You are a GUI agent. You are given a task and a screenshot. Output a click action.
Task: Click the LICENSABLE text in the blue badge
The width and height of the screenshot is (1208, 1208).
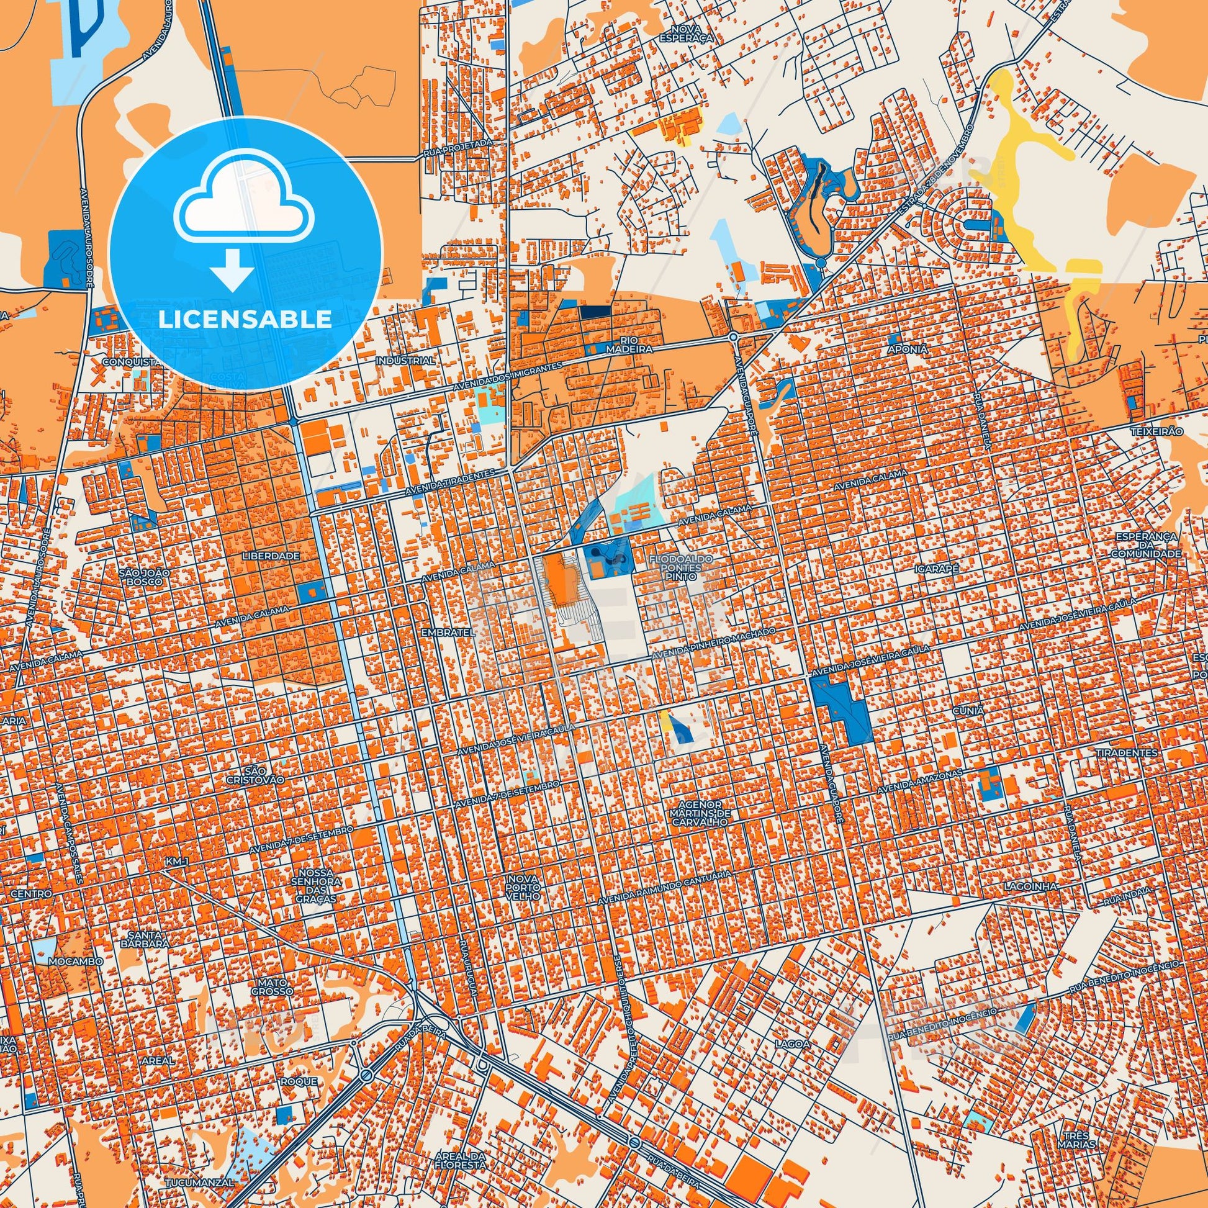[245, 319]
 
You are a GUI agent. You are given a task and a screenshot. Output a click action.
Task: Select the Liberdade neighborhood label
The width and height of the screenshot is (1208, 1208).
[273, 555]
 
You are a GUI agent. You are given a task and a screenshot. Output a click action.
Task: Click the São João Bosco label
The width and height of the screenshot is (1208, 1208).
[143, 576]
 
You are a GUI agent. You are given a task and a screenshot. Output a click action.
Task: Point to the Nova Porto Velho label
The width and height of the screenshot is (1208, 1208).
[525, 888]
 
